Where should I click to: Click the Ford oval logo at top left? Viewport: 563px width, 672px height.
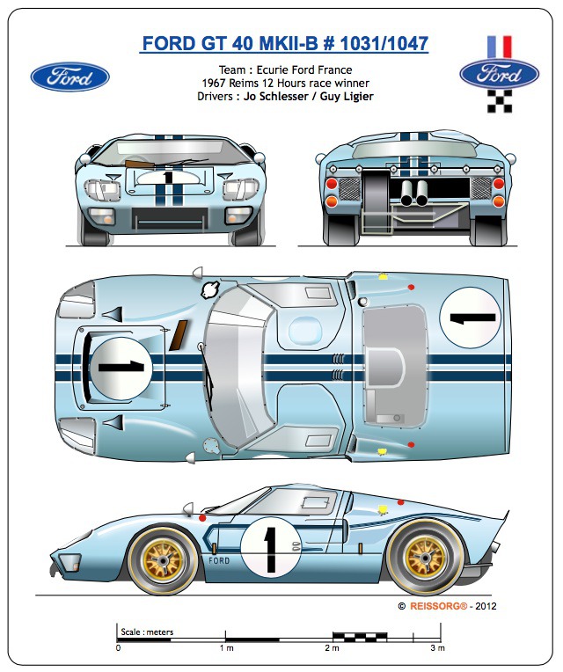click(69, 77)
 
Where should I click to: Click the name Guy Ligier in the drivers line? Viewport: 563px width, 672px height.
click(341, 96)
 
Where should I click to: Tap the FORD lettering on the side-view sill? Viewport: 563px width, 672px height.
click(219, 560)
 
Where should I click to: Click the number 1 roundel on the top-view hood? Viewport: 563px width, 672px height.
click(122, 364)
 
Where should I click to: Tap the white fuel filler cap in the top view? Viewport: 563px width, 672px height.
click(211, 289)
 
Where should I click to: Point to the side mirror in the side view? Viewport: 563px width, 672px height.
click(187, 509)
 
